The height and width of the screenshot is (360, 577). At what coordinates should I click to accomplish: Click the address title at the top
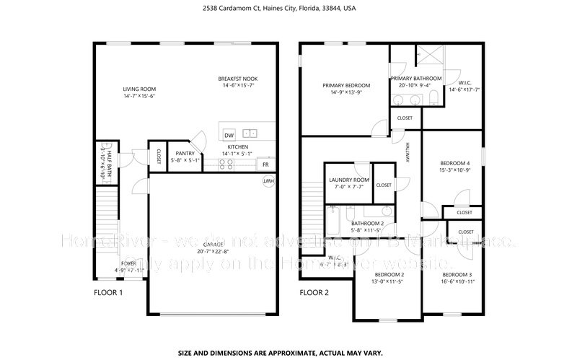(x=288, y=9)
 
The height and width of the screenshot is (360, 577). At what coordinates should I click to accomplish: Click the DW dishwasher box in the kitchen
(x=229, y=135)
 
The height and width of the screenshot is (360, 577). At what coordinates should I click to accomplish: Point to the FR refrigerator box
(x=266, y=164)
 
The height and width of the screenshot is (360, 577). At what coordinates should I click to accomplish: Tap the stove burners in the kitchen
(x=226, y=164)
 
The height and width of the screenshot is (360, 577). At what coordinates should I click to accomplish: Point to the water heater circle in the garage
(x=268, y=180)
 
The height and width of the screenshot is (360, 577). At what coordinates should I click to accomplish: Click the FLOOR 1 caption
(x=109, y=293)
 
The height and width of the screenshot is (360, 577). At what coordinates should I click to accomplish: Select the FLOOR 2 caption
(x=314, y=293)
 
